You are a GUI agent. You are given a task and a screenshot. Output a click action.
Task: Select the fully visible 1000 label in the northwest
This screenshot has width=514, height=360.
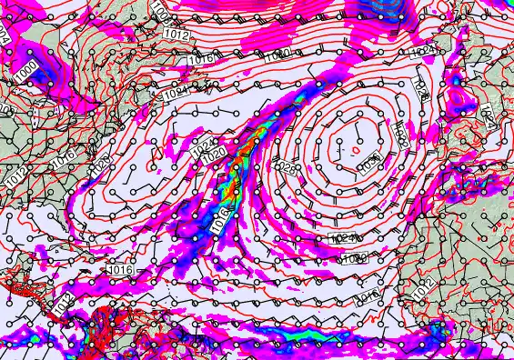coord(28,69)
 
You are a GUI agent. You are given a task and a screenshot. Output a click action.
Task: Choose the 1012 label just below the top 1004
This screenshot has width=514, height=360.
coord(178,35)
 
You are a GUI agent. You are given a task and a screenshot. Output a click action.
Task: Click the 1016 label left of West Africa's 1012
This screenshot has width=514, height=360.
coord(368,296)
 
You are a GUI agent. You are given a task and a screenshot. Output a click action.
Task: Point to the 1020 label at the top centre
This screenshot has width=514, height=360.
coord(277,55)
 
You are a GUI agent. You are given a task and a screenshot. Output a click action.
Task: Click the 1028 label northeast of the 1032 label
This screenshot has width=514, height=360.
coord(419,87)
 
